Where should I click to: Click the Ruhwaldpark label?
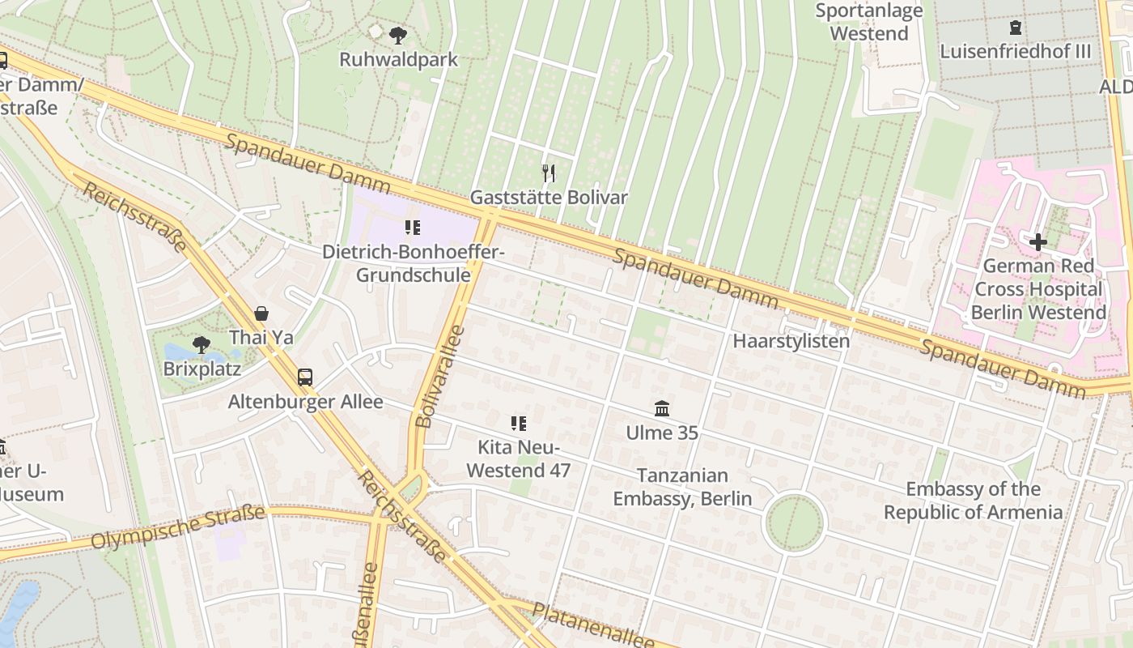[398, 60]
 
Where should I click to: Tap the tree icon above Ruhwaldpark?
[397, 35]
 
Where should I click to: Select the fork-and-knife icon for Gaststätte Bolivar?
[549, 173]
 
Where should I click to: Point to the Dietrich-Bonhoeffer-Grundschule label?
[414, 263]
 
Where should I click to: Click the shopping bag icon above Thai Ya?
[261, 313]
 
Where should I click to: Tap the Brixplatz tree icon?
[202, 346]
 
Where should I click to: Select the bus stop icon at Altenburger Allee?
[305, 377]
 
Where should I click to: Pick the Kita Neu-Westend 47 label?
[519, 459]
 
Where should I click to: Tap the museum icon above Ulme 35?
[662, 408]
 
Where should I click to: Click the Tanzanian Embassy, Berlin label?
[682, 487]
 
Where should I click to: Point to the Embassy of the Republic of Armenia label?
[973, 501]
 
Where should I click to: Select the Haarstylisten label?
[791, 341]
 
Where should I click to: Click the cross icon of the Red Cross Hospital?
[1038, 241]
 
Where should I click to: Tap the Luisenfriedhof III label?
[1015, 52]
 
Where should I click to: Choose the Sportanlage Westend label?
[869, 22]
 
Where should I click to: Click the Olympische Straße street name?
[178, 526]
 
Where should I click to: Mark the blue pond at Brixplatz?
[176, 352]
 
